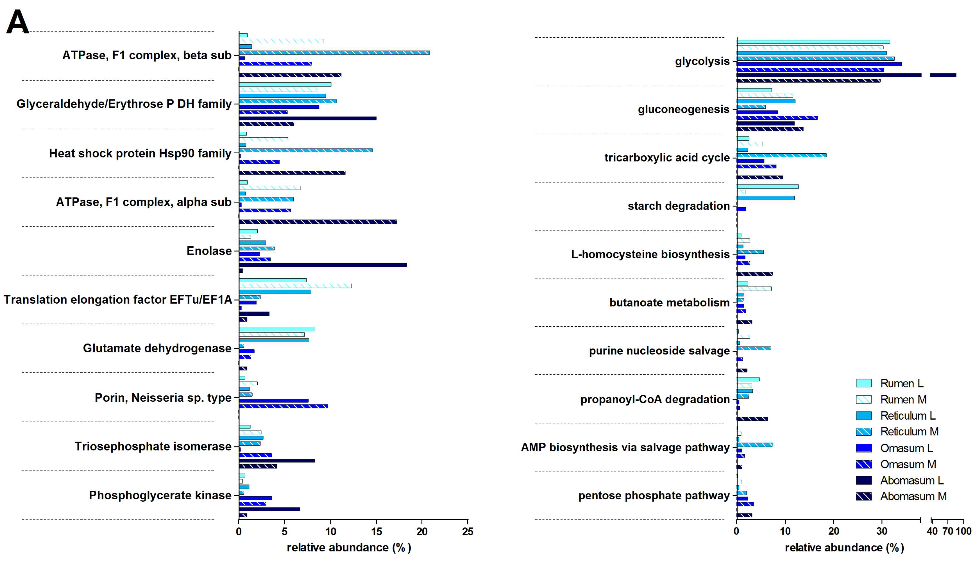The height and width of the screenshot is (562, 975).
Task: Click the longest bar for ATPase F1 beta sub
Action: click(x=334, y=53)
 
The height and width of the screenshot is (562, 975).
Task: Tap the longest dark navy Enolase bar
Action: click(x=323, y=265)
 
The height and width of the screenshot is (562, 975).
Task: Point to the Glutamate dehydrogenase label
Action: click(x=157, y=348)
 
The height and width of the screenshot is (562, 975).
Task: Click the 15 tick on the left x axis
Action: click(x=377, y=531)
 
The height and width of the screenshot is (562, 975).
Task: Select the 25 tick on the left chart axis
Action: click(x=468, y=531)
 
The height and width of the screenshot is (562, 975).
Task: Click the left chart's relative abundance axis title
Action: click(x=349, y=547)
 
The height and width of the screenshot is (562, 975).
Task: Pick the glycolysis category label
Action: click(x=702, y=61)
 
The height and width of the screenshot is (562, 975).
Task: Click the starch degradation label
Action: click(x=679, y=206)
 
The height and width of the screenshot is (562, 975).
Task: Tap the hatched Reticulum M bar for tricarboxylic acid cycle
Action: click(x=781, y=155)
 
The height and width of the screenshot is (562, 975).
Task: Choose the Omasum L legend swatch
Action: click(x=864, y=448)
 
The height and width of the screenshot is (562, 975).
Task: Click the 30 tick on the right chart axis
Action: click(x=882, y=531)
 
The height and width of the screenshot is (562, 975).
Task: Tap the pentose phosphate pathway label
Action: click(x=654, y=496)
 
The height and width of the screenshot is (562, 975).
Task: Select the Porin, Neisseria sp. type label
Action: click(x=163, y=398)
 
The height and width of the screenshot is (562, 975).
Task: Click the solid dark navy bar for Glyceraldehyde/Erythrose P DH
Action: click(x=307, y=119)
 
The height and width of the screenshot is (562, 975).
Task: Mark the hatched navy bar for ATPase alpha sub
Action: click(x=318, y=222)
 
